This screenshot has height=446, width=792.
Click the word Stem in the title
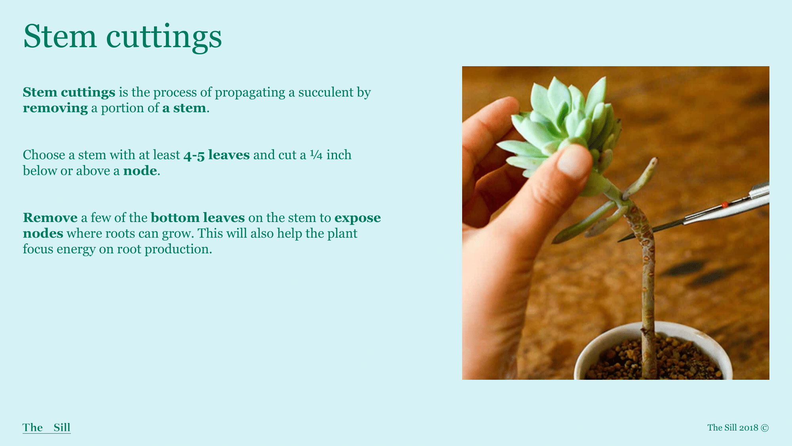(60, 36)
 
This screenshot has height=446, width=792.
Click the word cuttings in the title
(164, 38)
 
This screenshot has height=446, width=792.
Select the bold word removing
(55, 108)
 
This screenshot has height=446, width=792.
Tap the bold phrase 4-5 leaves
(217, 155)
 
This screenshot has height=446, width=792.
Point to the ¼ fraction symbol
(316, 155)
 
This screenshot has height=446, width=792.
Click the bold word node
(140, 171)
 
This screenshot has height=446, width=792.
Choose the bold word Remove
(50, 218)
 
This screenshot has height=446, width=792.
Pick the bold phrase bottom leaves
(198, 218)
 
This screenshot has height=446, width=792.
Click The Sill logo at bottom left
(47, 427)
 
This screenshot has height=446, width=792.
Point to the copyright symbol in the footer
(765, 428)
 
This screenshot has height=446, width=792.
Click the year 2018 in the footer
(748, 428)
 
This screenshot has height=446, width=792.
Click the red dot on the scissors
(725, 205)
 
